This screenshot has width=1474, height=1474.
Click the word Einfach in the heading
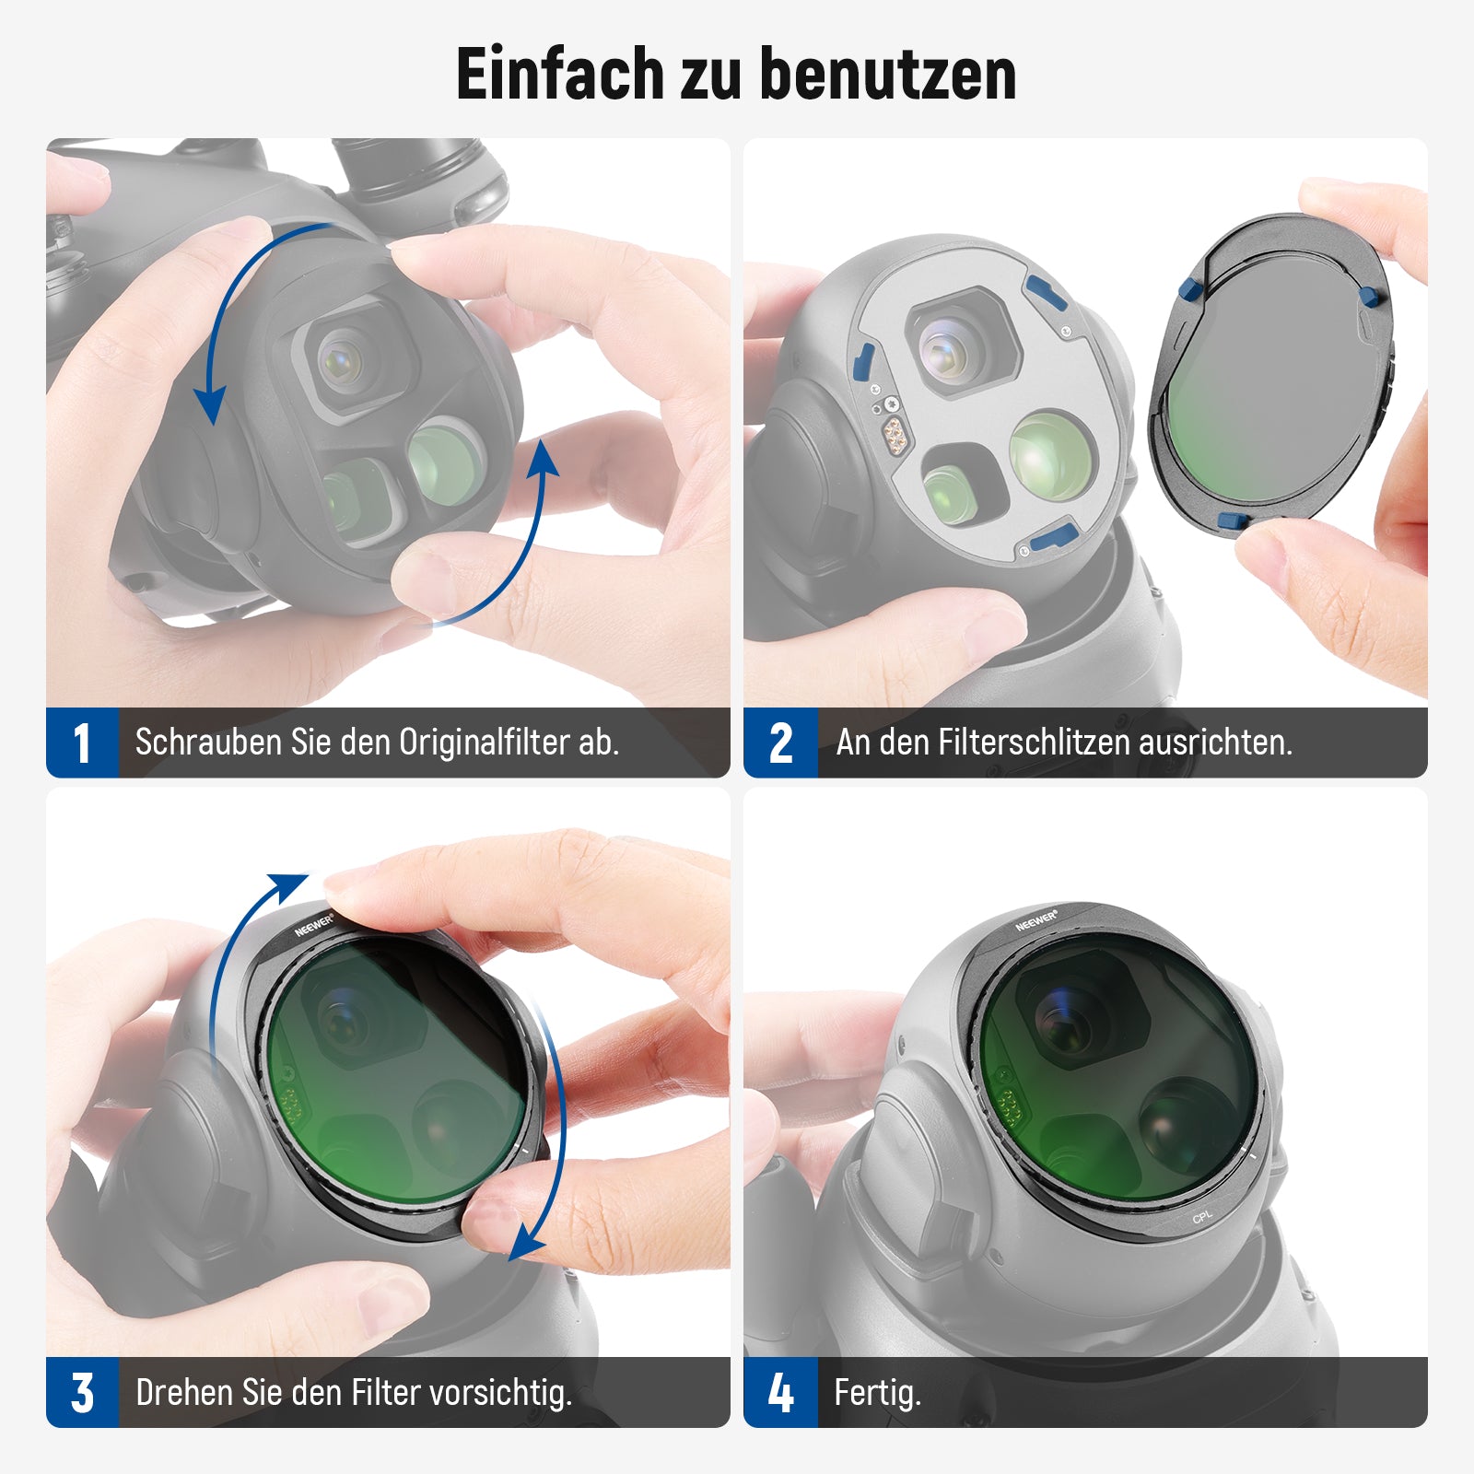(560, 74)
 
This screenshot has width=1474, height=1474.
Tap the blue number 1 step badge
(82, 743)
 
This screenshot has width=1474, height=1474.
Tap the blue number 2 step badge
(780, 743)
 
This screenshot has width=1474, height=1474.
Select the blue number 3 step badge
(82, 1392)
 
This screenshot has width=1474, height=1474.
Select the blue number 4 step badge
(780, 1392)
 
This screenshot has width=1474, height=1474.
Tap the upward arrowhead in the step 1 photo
(544, 458)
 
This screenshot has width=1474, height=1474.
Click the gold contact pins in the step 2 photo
(892, 432)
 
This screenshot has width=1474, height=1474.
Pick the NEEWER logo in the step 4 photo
(1036, 920)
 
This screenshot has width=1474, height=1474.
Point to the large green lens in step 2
(1052, 454)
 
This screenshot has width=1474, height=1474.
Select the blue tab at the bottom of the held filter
(1234, 521)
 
